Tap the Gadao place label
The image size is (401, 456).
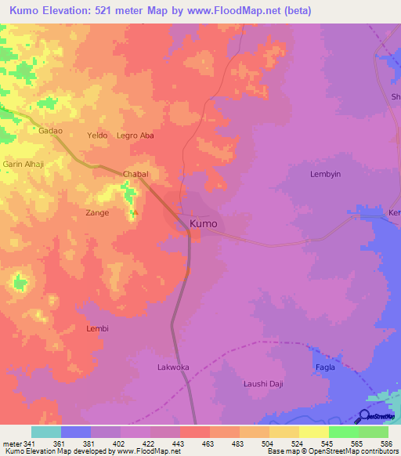pos(51,132)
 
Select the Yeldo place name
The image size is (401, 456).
pos(97,136)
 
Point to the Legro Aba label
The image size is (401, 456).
pos(135,136)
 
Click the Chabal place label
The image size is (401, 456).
pos(135,174)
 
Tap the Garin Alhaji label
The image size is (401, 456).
pos(23,165)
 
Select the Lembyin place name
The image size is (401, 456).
pos(327,174)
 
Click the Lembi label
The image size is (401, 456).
pos(97,328)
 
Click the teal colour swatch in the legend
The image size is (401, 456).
pos(46,432)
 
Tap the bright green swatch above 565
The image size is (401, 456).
pos(343,432)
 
